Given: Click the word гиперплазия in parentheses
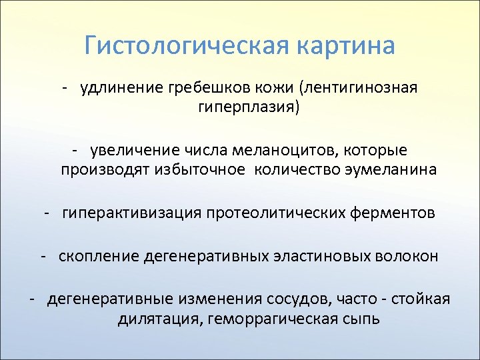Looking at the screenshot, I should (248, 107).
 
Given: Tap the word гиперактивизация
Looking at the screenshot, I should (131, 213).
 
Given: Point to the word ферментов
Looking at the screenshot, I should (395, 213).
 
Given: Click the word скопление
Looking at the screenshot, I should (97, 256).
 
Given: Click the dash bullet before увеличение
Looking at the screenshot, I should (77, 151).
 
